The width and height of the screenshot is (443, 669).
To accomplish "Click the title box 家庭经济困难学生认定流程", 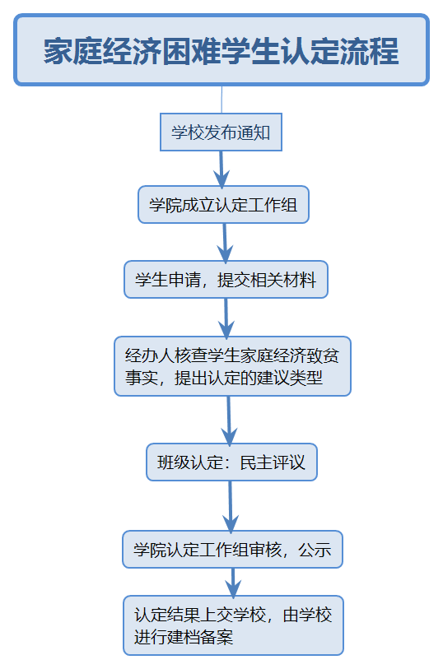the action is pos(221,50).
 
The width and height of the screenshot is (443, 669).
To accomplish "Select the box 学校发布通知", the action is pos(221,132).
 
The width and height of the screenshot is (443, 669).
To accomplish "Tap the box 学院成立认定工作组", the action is pos(223,204).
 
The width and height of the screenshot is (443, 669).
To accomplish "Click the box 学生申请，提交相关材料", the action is pos(226,280).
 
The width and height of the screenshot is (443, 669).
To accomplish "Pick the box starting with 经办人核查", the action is pos(232,366).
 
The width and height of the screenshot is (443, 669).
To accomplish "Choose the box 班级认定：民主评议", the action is pos(231,462).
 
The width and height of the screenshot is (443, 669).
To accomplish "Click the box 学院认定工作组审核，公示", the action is pos(232,549).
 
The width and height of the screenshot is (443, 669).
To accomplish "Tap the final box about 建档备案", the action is pos(234,625).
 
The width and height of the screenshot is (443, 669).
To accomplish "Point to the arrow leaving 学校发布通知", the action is pos(221,170).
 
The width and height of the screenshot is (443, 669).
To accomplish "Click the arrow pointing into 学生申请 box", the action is pos(225,244).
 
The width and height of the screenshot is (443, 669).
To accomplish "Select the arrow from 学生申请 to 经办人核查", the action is pos(226,318).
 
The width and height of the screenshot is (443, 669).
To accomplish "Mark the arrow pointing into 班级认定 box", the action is pos(229,421).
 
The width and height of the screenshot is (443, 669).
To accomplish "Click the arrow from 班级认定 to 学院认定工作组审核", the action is pos(231,507).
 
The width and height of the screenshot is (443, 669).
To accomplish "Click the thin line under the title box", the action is pos(221,100).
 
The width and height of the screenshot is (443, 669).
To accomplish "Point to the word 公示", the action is pos(315,550).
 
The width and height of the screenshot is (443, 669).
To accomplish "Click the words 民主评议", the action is pos(273,462).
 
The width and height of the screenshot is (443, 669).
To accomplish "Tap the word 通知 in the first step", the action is pos(254,132).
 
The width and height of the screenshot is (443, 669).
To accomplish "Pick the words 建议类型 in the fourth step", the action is pos(289,378).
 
